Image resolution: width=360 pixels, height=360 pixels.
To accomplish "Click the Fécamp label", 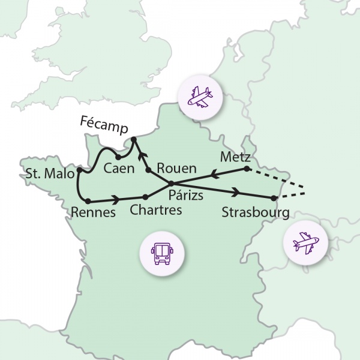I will (109, 123).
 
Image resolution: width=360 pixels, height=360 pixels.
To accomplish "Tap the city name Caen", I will (118, 168).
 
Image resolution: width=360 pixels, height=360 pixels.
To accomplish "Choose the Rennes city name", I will (92, 212).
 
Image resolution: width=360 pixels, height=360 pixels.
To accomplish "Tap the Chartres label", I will (155, 211).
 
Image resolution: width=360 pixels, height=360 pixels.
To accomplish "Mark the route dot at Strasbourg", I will (273, 198).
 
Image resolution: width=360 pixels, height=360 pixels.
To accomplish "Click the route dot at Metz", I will (247, 169).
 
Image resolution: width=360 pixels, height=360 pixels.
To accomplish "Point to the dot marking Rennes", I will (88, 200).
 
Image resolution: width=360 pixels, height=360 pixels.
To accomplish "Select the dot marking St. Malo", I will (79, 171).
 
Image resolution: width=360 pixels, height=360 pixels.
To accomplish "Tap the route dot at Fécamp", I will (133, 140).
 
